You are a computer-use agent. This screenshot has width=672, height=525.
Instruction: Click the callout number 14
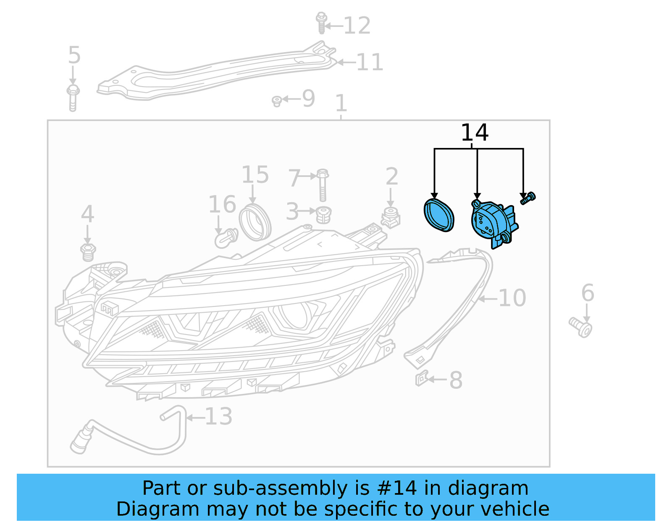[474, 133]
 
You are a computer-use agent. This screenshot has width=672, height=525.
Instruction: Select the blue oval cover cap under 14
[439, 215]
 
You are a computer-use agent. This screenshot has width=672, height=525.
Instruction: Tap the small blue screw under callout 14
[528, 198]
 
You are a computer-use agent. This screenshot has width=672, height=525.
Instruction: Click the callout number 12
[357, 26]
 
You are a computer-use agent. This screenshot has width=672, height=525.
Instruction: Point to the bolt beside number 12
[321, 23]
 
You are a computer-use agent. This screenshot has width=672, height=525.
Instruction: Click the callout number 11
[370, 62]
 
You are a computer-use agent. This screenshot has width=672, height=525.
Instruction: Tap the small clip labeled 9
[276, 101]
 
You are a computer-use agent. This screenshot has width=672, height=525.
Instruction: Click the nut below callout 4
[88, 251]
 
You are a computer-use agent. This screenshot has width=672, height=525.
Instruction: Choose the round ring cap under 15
[255, 222]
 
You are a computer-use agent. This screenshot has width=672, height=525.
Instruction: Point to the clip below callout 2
[391, 218]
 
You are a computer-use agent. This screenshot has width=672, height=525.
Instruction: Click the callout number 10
[512, 298]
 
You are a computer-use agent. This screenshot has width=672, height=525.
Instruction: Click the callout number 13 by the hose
[218, 417]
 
